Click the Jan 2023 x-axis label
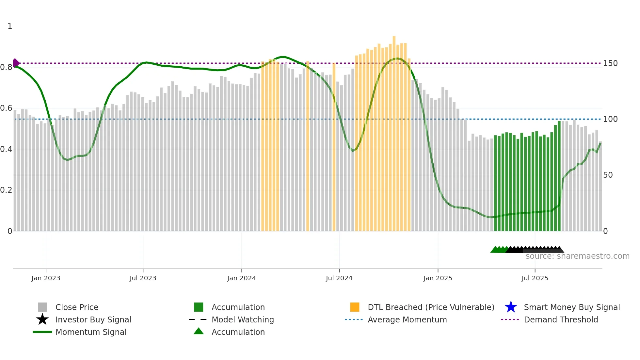[46, 278]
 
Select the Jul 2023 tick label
[143, 278]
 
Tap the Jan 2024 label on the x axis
[241, 278]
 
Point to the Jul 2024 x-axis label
[339, 278]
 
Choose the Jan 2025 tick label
[438, 278]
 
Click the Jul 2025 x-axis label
[535, 278]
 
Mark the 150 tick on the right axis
[610, 63]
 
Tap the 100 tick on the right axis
[610, 119]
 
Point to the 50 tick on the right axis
[608, 175]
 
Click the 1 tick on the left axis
[10, 26]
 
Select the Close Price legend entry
[77, 307]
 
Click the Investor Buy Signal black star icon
[42, 319]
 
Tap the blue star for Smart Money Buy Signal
[511, 307]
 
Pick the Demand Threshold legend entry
[561, 319]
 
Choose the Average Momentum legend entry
[407, 319]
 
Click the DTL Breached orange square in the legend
[355, 307]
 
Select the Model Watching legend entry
[243, 319]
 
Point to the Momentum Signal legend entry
[91, 332]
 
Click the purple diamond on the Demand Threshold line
[16, 63]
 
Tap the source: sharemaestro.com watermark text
[577, 256]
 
